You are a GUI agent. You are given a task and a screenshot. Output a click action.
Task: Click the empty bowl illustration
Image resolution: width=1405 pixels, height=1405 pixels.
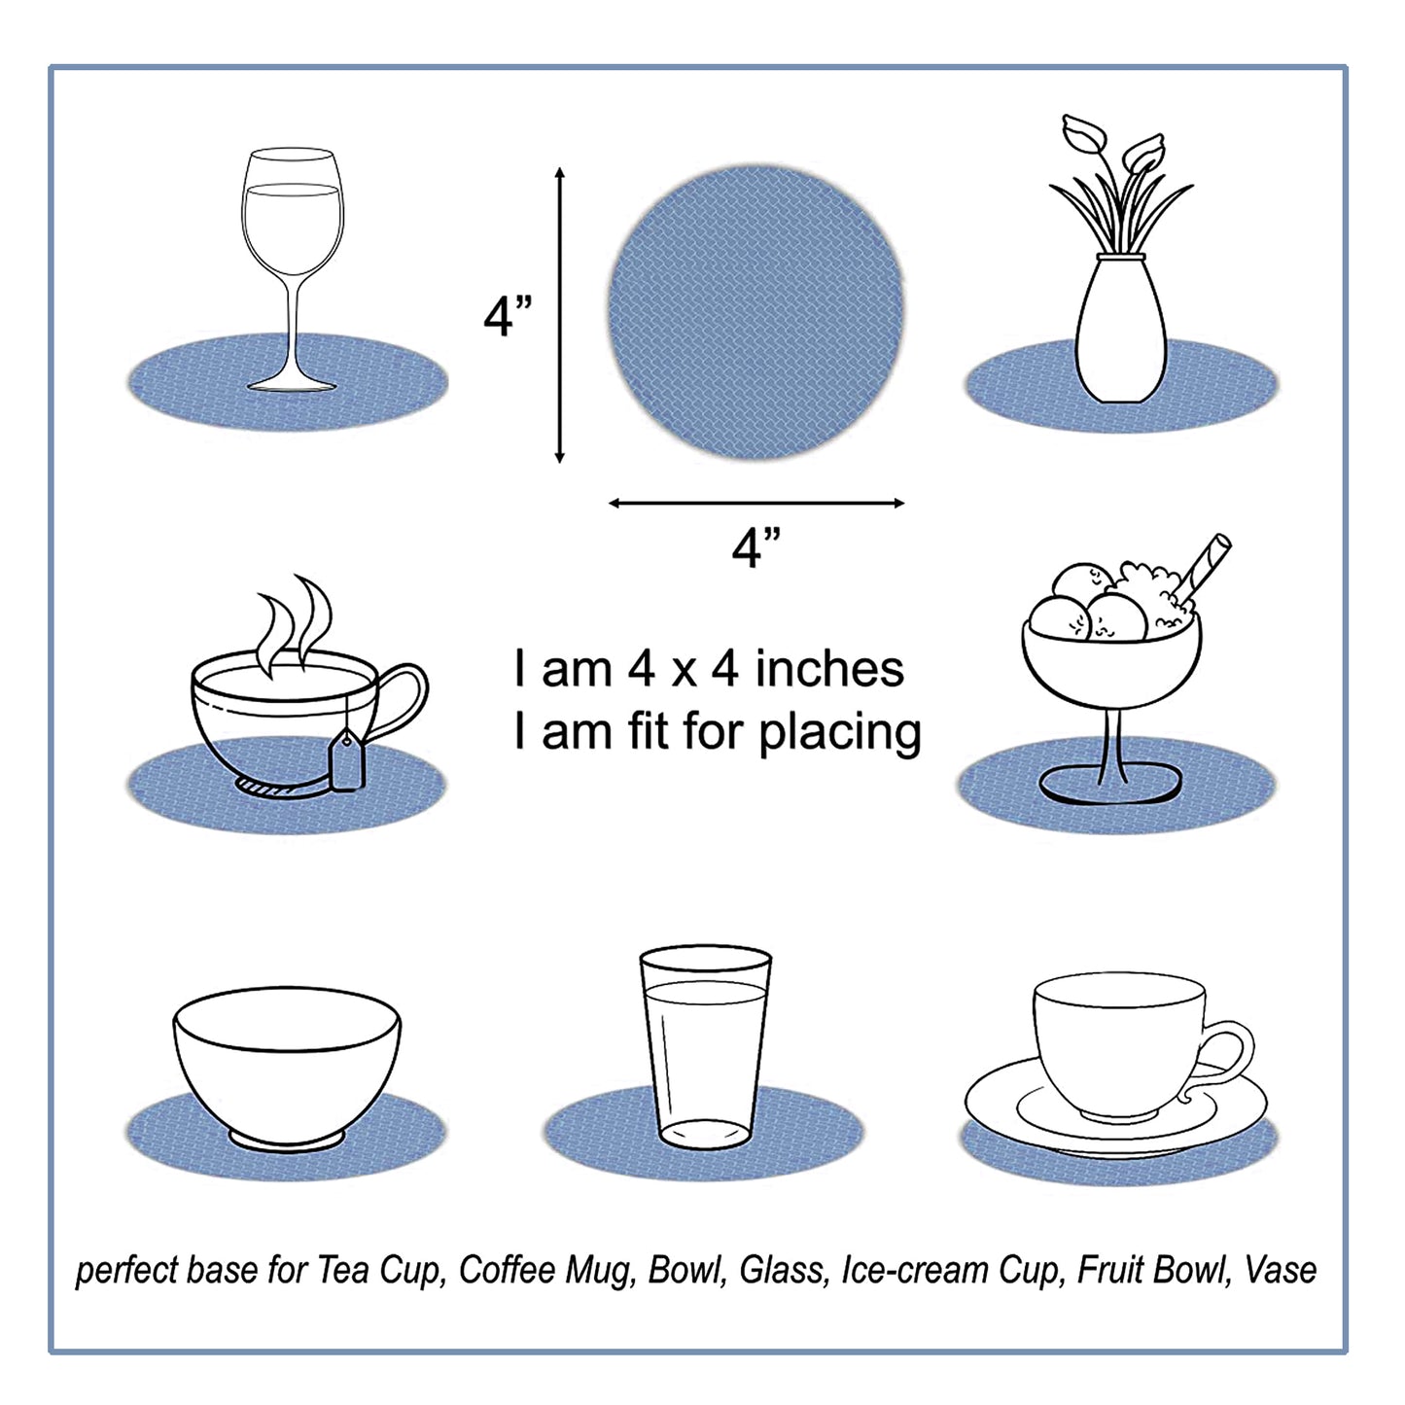tap(287, 1065)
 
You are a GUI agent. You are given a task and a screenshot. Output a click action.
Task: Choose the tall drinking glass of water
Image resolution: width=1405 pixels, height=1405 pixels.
tap(705, 1045)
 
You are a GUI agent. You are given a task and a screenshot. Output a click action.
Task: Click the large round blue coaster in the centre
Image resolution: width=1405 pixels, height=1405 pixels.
tap(755, 312)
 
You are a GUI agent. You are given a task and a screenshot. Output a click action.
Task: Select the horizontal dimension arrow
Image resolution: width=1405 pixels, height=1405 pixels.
tap(755, 503)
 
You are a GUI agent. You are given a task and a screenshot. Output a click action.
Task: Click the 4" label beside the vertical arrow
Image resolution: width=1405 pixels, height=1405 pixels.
tap(508, 315)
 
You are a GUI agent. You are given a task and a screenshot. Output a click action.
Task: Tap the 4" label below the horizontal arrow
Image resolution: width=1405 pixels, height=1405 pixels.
tap(755, 547)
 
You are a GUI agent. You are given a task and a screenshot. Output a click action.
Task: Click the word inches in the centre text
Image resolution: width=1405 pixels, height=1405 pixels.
tap(829, 669)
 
